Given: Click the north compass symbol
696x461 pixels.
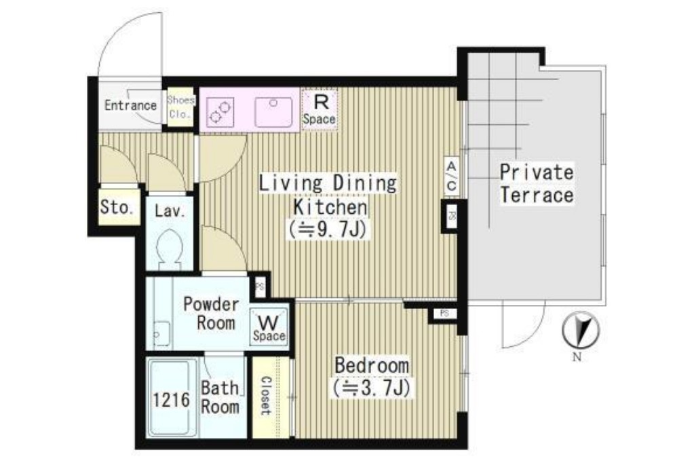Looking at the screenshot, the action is click(x=581, y=331).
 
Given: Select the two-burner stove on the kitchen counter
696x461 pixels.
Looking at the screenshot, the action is click(x=220, y=111).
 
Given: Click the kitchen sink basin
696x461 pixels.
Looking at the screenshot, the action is click(x=273, y=112).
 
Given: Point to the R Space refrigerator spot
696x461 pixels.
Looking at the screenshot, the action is click(x=319, y=110).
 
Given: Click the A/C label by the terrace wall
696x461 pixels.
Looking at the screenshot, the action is click(x=451, y=176).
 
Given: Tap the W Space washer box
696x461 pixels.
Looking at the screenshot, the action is click(x=269, y=327).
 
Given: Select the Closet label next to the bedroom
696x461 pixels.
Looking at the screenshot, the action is click(x=265, y=395).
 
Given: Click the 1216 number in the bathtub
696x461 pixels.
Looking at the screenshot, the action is click(x=172, y=400).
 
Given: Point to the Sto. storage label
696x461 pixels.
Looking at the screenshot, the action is click(x=117, y=207).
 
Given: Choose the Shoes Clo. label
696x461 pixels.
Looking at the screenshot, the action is click(x=180, y=107).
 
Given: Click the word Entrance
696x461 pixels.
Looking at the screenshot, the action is click(x=130, y=105).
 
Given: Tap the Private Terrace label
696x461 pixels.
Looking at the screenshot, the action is click(x=537, y=184).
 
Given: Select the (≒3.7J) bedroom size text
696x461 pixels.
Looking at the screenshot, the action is click(x=372, y=388).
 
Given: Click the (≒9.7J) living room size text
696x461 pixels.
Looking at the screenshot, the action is click(x=328, y=229).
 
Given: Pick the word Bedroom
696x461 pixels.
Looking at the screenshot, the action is click(x=372, y=365).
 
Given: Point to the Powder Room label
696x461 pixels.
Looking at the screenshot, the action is click(x=211, y=313).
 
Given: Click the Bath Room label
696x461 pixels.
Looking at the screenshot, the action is click(x=220, y=397).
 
